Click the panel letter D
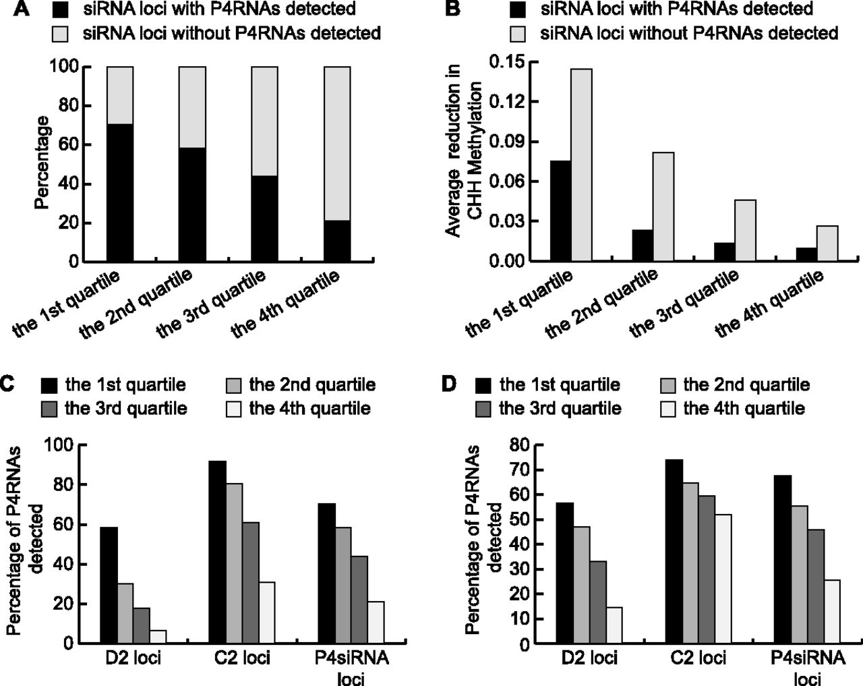click(x=448, y=385)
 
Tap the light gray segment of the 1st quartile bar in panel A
click(x=119, y=95)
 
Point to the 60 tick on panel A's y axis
click(x=71, y=144)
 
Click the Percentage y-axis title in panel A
click(x=42, y=162)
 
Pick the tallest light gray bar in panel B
click(x=581, y=165)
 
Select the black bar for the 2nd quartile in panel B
click(x=643, y=245)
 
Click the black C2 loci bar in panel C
click(x=218, y=552)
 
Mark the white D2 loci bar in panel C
click(x=158, y=637)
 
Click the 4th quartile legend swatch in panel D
click(x=668, y=408)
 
